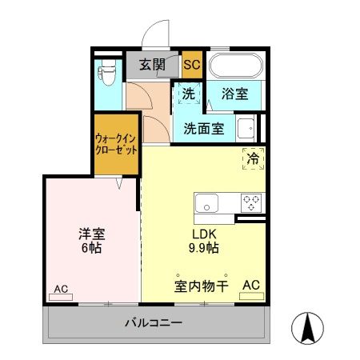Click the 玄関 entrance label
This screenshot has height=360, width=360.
[152, 65]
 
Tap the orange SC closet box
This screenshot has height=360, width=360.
[192, 65]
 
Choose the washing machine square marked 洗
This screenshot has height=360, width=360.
[189, 94]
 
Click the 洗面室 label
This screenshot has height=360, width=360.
[203, 127]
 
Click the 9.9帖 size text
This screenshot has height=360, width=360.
[203, 248]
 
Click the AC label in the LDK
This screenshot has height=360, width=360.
[251, 284]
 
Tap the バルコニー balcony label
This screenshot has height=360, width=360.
[153, 324]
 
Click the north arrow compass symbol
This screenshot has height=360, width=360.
[308, 328]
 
